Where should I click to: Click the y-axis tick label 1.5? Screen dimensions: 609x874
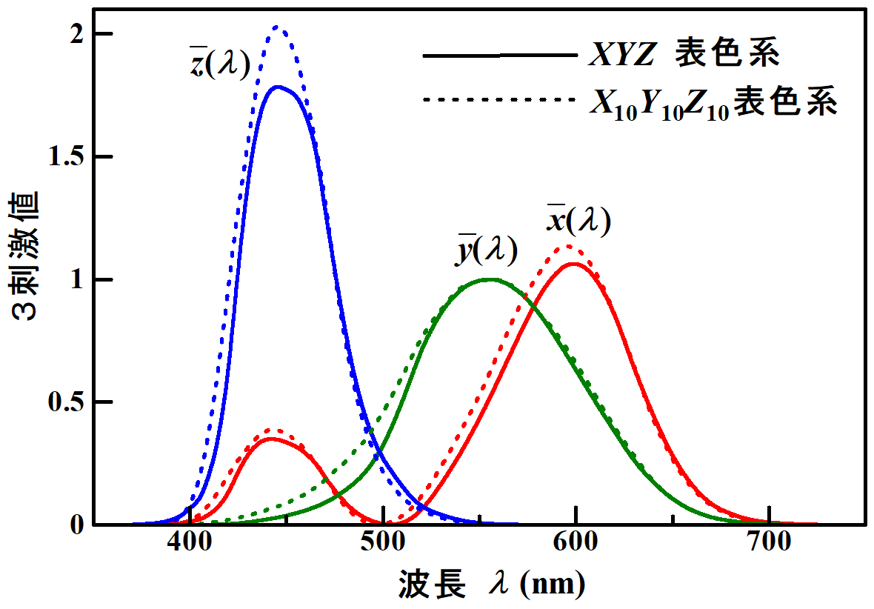tap(65, 157)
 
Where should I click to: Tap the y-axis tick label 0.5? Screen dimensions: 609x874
tap(65, 402)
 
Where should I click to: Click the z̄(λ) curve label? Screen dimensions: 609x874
tap(219, 64)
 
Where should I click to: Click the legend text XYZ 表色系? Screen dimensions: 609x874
tap(684, 56)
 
